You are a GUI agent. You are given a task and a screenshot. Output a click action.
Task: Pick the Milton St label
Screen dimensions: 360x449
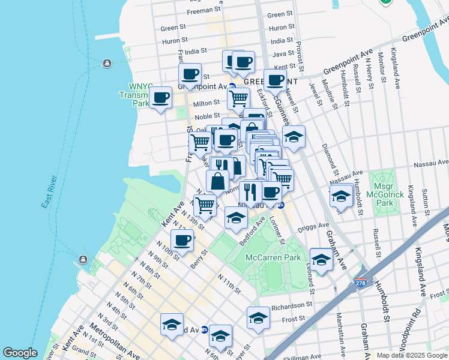click(206, 103)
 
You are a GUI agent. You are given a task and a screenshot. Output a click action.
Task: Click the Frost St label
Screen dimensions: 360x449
click(294, 319)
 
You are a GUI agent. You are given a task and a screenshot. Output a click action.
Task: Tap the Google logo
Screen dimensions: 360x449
click(20, 353)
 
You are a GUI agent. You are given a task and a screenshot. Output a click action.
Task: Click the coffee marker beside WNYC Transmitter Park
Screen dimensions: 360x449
click(160, 98)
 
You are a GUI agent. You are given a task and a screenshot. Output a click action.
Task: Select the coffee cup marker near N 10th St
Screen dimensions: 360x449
click(182, 240)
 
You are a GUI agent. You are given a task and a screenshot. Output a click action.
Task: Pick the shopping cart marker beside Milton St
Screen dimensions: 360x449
click(238, 97)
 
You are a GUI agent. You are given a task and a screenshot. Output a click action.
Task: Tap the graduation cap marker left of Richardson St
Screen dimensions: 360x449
click(258, 317)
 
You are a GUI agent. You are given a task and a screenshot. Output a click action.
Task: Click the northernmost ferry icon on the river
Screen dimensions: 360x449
click(107, 63)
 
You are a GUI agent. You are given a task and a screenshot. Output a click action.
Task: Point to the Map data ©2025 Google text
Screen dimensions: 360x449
click(412, 355)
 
